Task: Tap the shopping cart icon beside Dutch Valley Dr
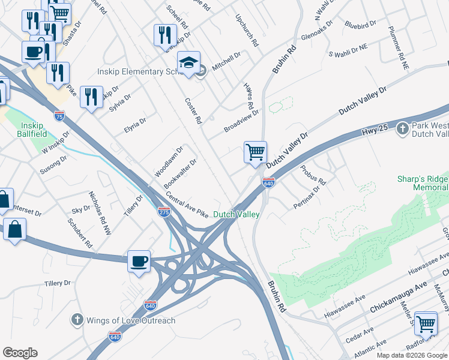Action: tap(255, 152)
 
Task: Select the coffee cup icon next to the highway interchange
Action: tap(139, 262)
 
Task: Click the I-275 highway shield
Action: tap(163, 211)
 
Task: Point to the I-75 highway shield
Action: tap(59, 116)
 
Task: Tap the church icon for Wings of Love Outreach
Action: tap(76, 320)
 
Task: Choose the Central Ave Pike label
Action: tap(187, 206)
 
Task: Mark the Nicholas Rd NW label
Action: tap(100, 213)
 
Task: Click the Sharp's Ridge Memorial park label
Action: tap(422, 184)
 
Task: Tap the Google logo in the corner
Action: tap(20, 353)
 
